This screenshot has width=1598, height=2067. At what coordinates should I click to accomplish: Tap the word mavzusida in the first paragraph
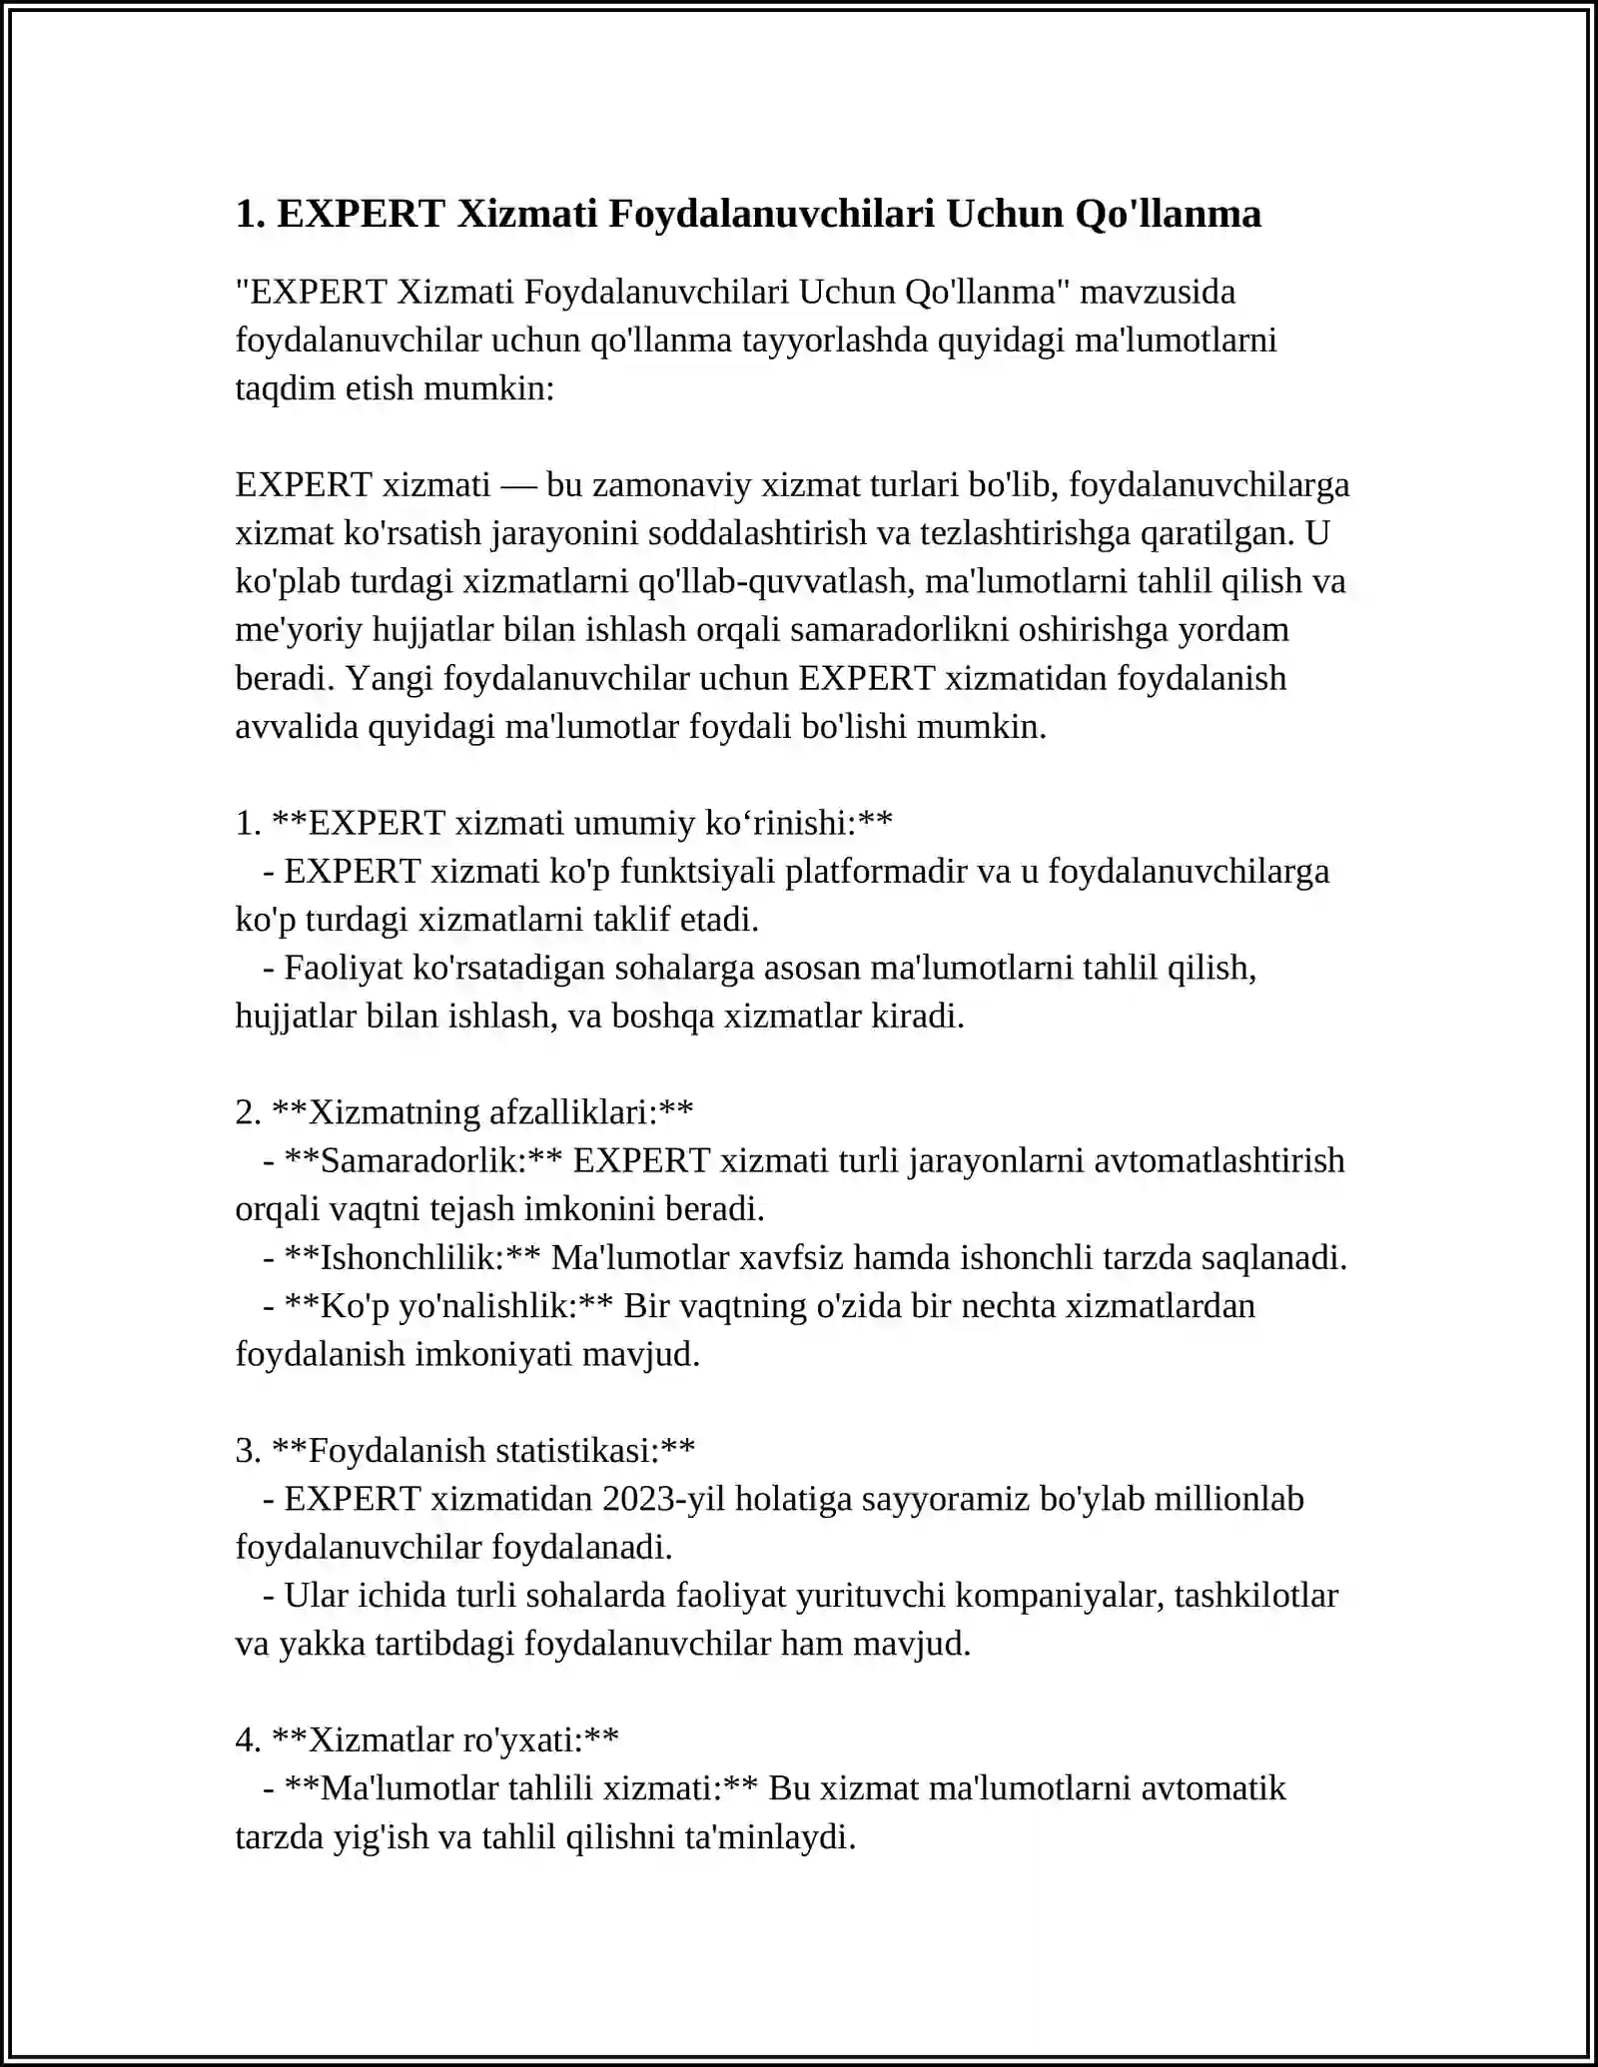click(1158, 292)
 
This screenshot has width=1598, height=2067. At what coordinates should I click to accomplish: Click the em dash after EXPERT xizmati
click(518, 485)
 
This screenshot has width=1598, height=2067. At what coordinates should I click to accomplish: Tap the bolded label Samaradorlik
click(422, 1160)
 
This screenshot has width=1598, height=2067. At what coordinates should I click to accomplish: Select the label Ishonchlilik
click(411, 1257)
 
